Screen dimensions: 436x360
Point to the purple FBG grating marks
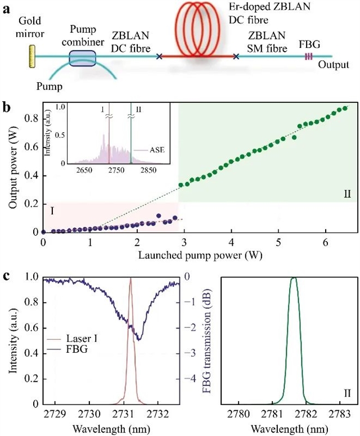tap(308, 56)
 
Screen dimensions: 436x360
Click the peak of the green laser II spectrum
tap(294, 278)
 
